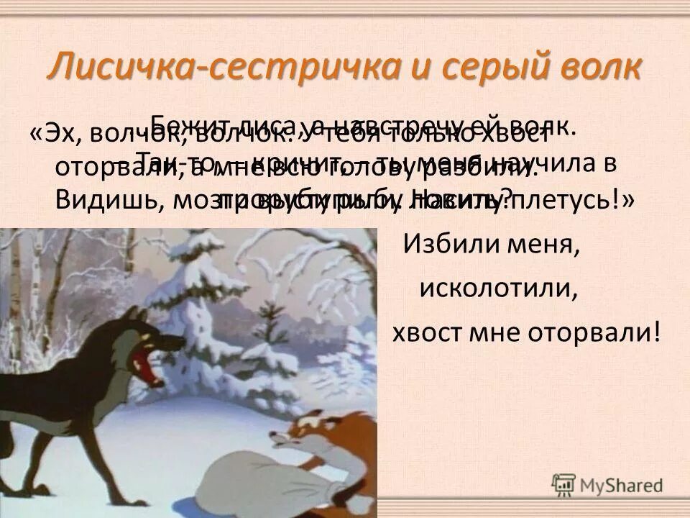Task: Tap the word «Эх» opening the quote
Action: coord(59,135)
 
